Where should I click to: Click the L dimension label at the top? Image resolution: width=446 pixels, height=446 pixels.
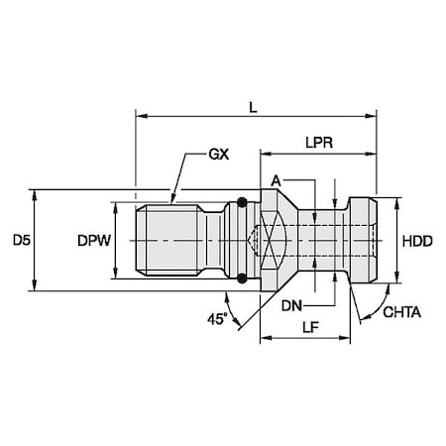(255, 104)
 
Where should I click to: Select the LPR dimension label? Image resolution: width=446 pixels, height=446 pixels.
(318, 141)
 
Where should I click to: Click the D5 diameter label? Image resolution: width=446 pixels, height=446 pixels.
(19, 241)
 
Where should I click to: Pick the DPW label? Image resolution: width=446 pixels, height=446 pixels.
(92, 241)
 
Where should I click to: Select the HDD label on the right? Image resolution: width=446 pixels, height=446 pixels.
(420, 241)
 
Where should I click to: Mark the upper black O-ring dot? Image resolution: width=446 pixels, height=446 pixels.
(239, 206)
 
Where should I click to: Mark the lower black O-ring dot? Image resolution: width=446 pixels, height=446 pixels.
(239, 275)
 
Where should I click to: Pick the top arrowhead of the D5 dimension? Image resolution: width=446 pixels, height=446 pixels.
(37, 194)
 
